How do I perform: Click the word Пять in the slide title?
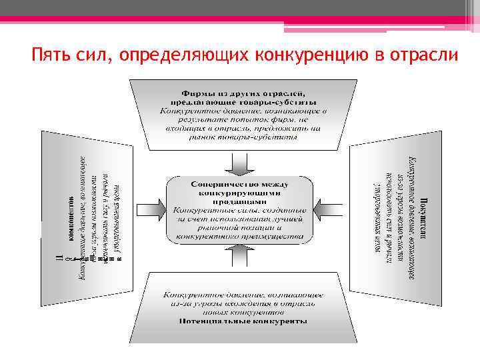coord(49,54)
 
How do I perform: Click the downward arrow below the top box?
coord(239,161)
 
